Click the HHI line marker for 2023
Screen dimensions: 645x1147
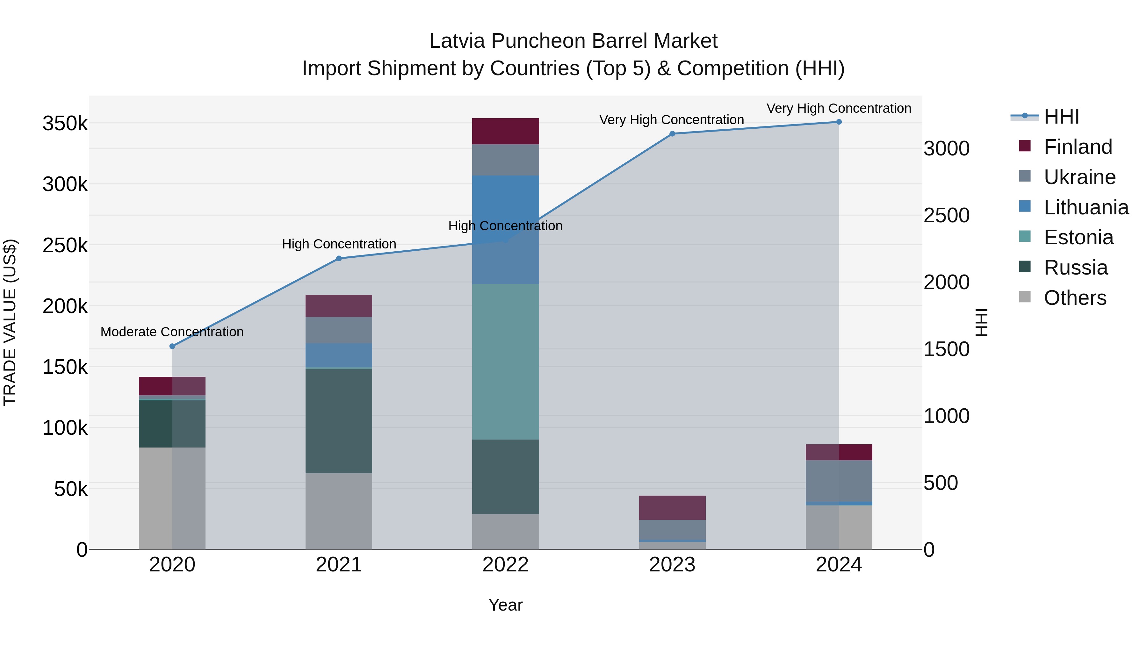coord(672,133)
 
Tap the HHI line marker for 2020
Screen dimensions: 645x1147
coord(172,346)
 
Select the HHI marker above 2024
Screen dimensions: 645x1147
coord(839,122)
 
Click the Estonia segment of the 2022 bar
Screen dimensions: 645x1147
coord(505,362)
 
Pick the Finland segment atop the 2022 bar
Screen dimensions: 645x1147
coord(505,131)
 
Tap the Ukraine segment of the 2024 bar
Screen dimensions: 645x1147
coord(839,481)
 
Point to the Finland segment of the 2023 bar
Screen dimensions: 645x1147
coord(672,507)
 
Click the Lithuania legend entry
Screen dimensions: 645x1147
coord(1086,207)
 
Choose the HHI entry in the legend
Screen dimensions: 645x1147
coord(1061,117)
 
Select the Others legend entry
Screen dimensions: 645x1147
coord(1074,298)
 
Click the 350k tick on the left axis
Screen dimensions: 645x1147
coord(65,124)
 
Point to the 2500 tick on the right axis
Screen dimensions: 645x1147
coord(946,215)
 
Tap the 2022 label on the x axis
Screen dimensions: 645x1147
coord(505,565)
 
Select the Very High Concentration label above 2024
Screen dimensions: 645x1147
coord(839,108)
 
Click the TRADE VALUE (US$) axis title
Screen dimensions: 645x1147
coord(10,322)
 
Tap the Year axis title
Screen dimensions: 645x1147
coord(505,605)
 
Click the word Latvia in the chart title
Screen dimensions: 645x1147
coord(457,41)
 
